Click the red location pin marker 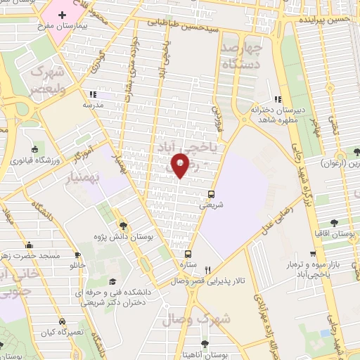[x=181, y=164]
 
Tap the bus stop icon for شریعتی [x=212, y=194]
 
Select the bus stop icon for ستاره [x=188, y=255]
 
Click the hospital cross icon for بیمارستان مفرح [x=62, y=15]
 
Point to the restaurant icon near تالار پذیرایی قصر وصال [x=207, y=270]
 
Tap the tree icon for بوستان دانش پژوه [x=124, y=226]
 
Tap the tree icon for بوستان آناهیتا [x=205, y=344]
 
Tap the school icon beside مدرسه [x=92, y=94]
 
